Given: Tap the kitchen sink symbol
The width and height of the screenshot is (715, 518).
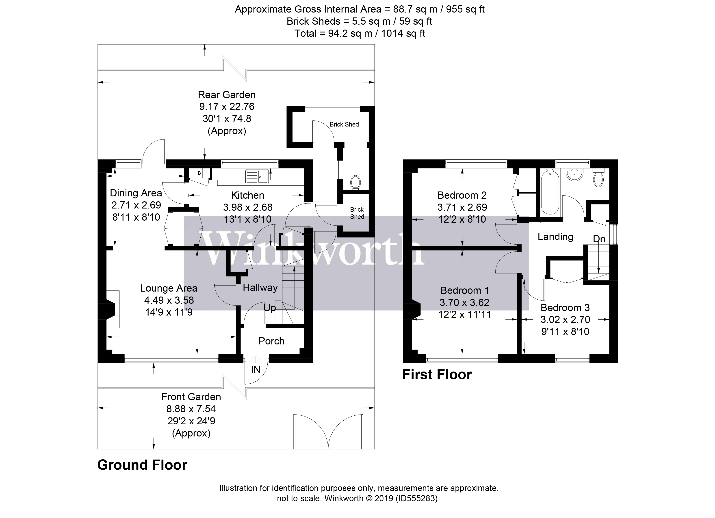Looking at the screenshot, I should tap(257, 177).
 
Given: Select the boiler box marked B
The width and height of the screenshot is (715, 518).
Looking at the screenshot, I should tap(199, 173).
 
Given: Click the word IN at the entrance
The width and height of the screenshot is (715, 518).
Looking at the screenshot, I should tap(256, 370).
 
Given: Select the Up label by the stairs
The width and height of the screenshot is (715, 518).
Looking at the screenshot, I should tap(270, 308).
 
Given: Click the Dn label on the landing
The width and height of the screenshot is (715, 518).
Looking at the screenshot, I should tap(599, 239).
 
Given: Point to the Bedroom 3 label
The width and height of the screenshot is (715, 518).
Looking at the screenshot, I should tap(565, 307).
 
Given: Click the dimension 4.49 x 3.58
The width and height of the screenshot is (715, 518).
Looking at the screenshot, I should tap(169, 300).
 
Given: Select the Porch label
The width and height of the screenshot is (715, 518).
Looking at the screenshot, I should tap(271, 341).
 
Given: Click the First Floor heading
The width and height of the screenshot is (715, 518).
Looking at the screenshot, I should tap(437, 375).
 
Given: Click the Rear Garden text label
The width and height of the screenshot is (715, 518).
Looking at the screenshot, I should tap(227, 95).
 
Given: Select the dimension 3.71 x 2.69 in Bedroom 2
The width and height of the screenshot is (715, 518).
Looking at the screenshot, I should tap(462, 207).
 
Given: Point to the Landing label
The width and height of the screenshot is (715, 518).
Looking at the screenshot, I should tap(555, 237).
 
